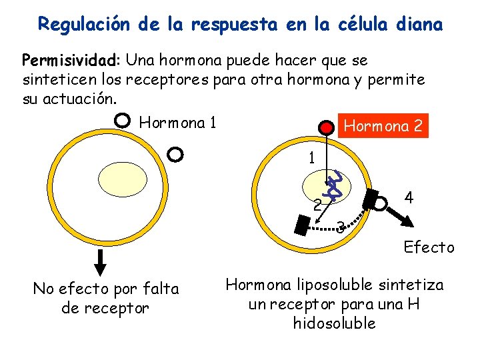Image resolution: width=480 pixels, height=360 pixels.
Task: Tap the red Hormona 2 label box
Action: (x=383, y=125)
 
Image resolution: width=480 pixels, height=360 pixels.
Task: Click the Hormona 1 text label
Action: (x=177, y=123)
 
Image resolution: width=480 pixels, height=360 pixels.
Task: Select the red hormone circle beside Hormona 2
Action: (x=325, y=127)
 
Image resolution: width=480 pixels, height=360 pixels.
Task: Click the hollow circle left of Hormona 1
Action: (x=122, y=121)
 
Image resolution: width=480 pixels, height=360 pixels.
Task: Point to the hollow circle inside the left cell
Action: (x=175, y=154)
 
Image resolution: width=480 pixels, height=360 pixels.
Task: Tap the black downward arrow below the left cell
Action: (x=101, y=262)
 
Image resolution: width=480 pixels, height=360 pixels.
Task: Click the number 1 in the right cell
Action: (x=311, y=159)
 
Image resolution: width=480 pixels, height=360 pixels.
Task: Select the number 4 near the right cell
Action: (x=409, y=197)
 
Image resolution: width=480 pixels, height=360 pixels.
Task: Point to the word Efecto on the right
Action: (x=429, y=248)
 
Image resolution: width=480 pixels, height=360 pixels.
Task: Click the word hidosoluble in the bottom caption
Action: (x=334, y=323)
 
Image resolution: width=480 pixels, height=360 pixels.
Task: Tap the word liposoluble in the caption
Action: (x=322, y=285)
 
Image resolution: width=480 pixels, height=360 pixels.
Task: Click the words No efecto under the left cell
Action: (x=73, y=289)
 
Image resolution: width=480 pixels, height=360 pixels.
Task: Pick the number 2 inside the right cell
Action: (x=318, y=204)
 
